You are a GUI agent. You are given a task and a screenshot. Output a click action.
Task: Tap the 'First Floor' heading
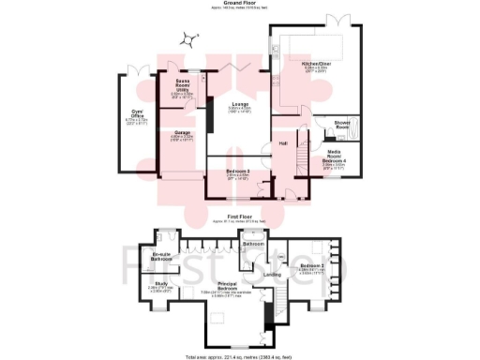coord(240,217)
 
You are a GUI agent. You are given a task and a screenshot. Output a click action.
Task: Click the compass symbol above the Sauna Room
coord(191,39)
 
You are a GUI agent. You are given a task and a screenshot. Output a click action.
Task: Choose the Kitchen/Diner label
coord(316,64)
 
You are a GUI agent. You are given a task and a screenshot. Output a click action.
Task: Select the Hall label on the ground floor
coord(283,142)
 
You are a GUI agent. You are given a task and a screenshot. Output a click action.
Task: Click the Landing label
coord(271,274)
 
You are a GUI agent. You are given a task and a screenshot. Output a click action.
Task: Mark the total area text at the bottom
coord(240,356)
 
